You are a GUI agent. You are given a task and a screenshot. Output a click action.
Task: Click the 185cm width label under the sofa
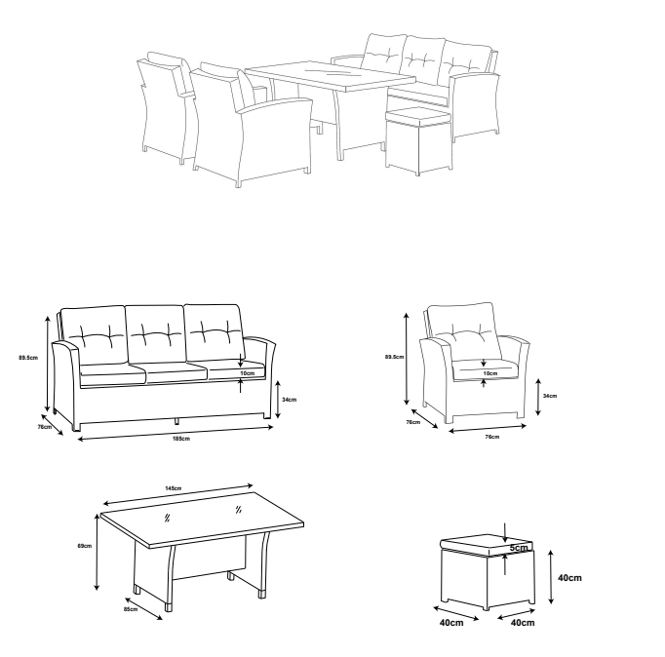tap(181, 439)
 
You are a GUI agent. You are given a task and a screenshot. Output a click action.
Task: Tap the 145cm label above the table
tap(173, 488)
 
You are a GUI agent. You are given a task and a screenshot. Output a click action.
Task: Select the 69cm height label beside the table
tap(85, 546)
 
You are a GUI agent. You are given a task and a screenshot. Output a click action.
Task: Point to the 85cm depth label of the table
tap(131, 609)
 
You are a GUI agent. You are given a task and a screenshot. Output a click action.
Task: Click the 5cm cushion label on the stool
tap(519, 548)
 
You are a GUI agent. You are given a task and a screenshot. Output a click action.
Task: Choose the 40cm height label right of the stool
tap(569, 578)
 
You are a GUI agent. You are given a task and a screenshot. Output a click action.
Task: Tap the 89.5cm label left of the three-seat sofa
tap(28, 358)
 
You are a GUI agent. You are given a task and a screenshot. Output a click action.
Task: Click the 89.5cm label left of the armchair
tap(395, 357)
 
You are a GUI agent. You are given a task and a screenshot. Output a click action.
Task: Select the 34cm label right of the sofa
tap(290, 400)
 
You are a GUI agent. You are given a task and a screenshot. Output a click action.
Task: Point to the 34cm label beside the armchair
tap(550, 396)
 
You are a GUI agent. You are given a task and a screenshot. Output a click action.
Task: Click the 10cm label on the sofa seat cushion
tap(248, 373)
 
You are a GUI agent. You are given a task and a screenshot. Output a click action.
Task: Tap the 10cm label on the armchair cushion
tap(490, 373)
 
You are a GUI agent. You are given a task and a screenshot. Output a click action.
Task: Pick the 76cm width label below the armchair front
tap(492, 437)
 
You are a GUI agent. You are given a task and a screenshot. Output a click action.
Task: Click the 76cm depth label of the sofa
tap(45, 427)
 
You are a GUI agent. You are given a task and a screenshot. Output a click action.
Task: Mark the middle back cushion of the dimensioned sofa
tap(156, 334)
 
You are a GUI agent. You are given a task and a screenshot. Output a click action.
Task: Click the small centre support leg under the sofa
tap(176, 421)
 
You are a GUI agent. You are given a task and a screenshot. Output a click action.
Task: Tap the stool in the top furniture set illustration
tap(418, 140)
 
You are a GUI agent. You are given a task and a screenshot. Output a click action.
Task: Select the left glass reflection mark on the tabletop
tap(167, 518)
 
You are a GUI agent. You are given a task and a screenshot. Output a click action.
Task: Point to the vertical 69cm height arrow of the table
tap(97, 552)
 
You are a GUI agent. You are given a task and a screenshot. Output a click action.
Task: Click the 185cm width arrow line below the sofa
tap(176, 433)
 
